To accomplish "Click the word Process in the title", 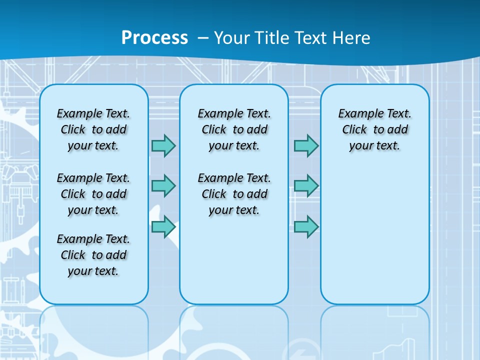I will pos(154,38).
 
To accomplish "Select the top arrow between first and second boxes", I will pos(163,146).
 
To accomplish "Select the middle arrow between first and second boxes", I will pos(163,186).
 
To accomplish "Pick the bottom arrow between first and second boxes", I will pos(163,226).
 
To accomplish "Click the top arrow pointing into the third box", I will pos(306,146).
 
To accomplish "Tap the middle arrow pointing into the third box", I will pos(306,186).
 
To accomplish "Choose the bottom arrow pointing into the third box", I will pos(306,226).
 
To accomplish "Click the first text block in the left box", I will pos(93,129).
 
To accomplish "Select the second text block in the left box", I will pos(93,194).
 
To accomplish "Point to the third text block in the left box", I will pos(93,255).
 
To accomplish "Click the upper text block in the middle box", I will pos(234,129).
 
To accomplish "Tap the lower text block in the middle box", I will pos(234,194).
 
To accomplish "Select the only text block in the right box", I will pos(375,129).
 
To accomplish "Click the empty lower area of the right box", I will pos(375,240).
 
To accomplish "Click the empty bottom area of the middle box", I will pos(234,265).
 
